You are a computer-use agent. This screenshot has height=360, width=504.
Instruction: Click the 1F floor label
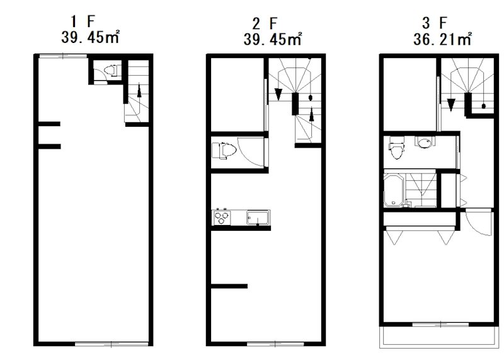(83, 21)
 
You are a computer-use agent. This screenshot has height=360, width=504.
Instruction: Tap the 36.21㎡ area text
(443, 39)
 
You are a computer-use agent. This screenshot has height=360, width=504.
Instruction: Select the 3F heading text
(435, 23)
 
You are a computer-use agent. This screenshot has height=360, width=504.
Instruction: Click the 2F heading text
(265, 23)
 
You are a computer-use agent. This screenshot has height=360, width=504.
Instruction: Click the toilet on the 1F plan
(112, 71)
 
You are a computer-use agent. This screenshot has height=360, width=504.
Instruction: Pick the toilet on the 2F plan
(224, 151)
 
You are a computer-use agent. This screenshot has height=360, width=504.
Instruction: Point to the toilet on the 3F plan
(396, 148)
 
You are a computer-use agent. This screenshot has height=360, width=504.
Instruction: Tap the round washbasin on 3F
(425, 142)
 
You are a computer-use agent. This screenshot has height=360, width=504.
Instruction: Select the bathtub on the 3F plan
(394, 190)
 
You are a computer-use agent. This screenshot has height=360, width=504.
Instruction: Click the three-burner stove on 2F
(222, 218)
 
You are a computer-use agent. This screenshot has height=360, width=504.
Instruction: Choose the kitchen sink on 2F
(258, 218)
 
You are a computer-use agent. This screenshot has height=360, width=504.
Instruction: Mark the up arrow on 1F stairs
(139, 90)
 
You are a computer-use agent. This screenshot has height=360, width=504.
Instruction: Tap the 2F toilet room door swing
(251, 152)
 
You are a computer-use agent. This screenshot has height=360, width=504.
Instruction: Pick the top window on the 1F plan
(63, 56)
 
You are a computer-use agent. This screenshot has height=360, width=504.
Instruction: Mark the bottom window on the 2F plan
(275, 344)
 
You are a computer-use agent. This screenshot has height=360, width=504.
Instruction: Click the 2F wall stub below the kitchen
(229, 286)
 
